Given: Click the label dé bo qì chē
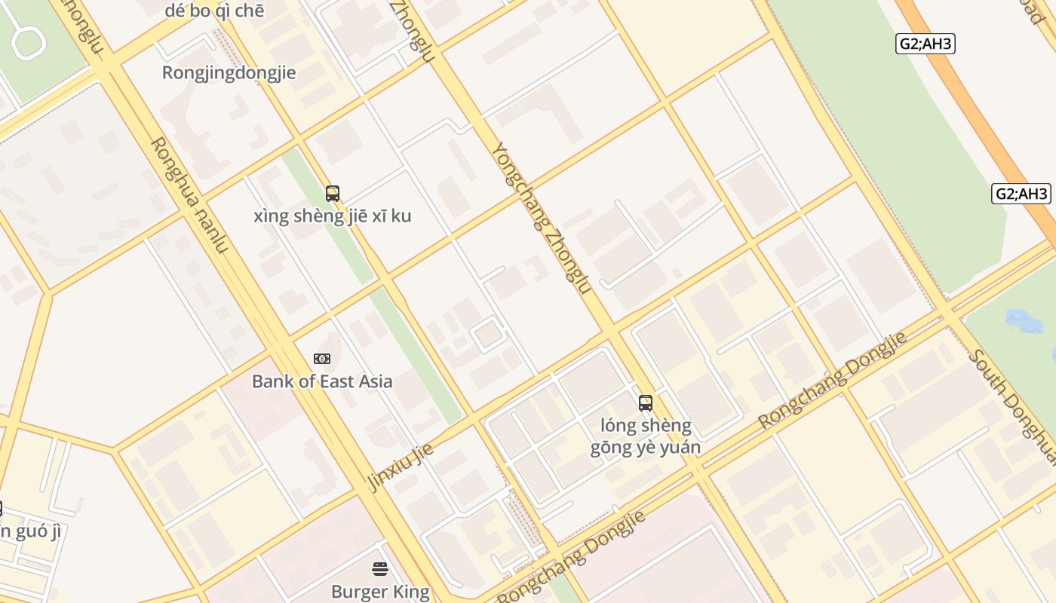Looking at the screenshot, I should (214, 11).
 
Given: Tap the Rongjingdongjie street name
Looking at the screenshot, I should (229, 73).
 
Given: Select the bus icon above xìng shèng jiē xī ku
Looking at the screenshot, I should (333, 194).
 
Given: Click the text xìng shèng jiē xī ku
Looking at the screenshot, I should (333, 216).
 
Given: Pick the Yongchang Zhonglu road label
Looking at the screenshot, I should (541, 218).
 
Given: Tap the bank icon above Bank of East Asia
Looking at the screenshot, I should (322, 359).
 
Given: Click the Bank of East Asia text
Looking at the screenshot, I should (322, 381).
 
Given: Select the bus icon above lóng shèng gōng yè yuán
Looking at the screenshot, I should (646, 403).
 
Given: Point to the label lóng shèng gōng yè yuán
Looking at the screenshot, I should (646, 436).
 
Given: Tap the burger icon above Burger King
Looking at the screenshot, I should (380, 569).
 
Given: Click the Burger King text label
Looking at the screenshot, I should (380, 592).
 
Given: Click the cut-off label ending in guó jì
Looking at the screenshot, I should (30, 531).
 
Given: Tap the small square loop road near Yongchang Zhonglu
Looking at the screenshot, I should (489, 334).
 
